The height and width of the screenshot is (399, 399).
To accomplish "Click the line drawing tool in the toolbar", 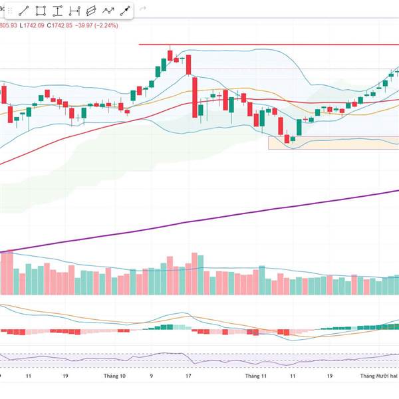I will click(24, 11).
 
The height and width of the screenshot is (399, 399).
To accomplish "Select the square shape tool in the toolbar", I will click(41, 11).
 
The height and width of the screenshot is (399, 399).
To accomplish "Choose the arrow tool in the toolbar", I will click(124, 11).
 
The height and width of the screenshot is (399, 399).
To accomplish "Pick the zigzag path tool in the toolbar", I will click(108, 11).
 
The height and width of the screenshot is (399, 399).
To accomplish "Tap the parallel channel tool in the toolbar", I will click(91, 11).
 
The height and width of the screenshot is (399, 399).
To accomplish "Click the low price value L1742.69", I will click(31, 25).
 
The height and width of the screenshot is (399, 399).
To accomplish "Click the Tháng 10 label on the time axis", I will click(114, 376).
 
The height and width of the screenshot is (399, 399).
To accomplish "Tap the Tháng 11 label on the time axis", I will click(255, 376).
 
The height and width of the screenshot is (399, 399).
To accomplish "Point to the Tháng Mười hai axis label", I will click(378, 376).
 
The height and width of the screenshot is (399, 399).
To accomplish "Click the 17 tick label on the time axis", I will click(189, 376).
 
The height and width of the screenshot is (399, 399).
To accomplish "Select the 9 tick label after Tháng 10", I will click(152, 376).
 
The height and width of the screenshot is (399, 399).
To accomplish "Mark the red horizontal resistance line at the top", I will click(266, 45).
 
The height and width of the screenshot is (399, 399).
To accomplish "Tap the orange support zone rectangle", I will click(332, 143).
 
